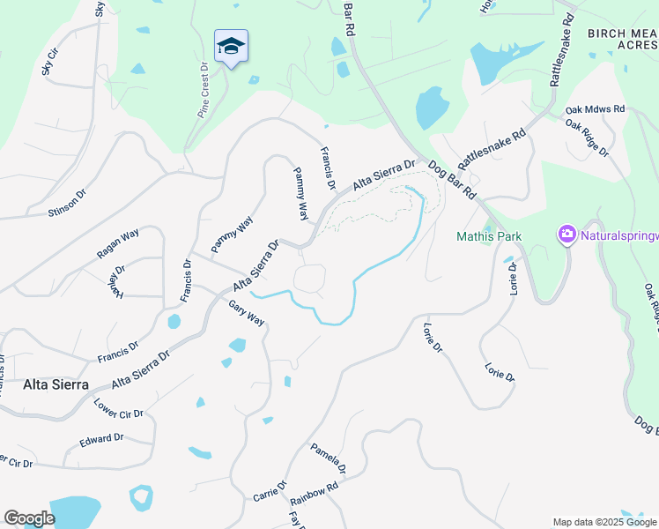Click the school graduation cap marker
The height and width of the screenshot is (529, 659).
[231, 46]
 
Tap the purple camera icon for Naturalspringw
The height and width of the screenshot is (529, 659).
[566, 235]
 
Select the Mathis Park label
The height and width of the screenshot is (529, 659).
[489, 236]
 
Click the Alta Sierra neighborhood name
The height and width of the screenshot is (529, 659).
[56, 384]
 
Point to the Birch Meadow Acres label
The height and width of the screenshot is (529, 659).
[622, 39]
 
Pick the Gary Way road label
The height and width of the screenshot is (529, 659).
[246, 312]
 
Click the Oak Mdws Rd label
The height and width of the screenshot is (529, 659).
[595, 109]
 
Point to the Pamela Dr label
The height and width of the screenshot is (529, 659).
[327, 458]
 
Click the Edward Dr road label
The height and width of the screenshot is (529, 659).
[101, 439]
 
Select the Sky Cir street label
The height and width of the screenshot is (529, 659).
[49, 62]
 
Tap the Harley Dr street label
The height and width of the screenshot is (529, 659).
[114, 280]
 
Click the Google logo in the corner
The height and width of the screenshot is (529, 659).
[29, 518]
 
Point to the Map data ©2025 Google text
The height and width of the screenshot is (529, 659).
[603, 522]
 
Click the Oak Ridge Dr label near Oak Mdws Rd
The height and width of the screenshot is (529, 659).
[587, 138]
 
